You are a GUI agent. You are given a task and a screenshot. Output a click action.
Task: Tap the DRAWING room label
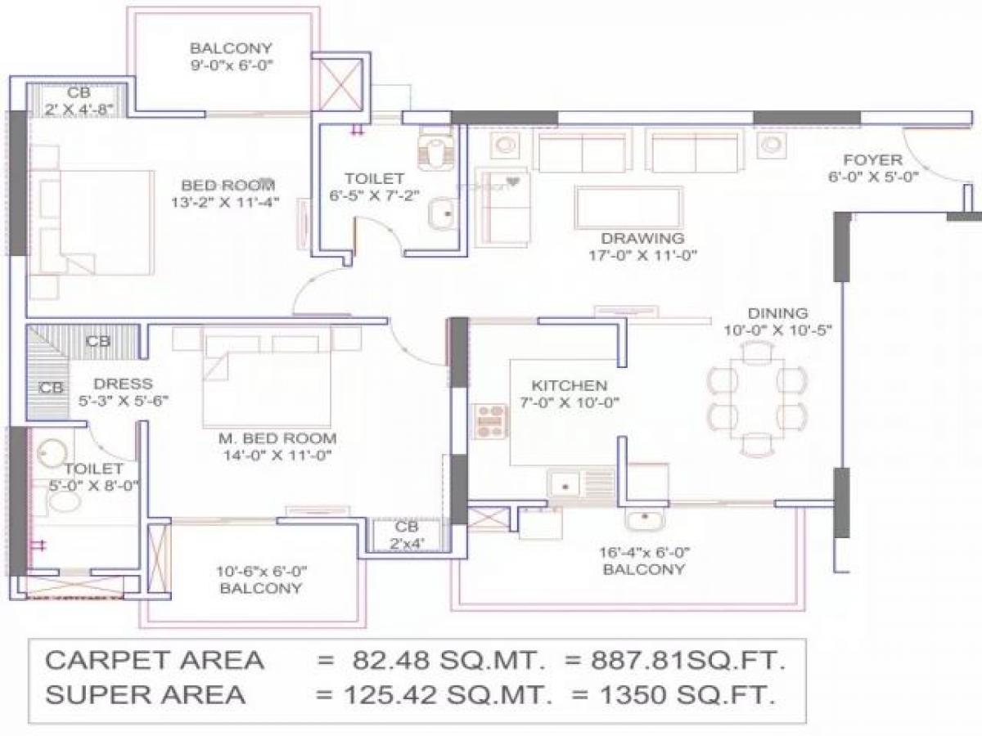pyautogui.click(x=642, y=239)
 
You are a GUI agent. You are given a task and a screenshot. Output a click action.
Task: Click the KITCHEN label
pyautogui.click(x=570, y=385)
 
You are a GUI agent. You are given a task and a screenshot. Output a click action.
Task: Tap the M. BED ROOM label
pyautogui.click(x=277, y=438)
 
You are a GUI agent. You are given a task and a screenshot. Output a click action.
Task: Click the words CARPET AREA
pyautogui.click(x=155, y=660)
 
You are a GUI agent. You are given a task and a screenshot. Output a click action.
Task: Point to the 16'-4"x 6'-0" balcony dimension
pyautogui.click(x=643, y=552)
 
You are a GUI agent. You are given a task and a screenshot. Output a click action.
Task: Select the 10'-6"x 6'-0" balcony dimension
pyautogui.click(x=260, y=571)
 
